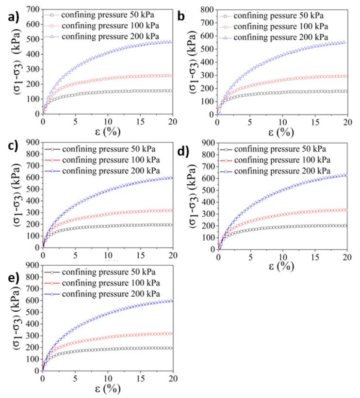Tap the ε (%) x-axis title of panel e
pos(107,389)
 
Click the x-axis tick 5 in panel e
pos(75,378)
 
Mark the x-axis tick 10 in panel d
pos(283,257)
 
